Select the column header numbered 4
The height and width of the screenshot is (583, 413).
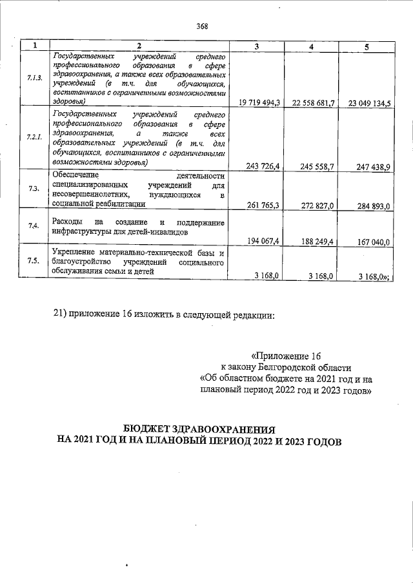pyautogui.click(x=312, y=46)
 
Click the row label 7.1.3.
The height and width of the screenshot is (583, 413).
pyautogui.click(x=34, y=79)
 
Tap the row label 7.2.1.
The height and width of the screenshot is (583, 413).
pyautogui.click(x=34, y=137)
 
